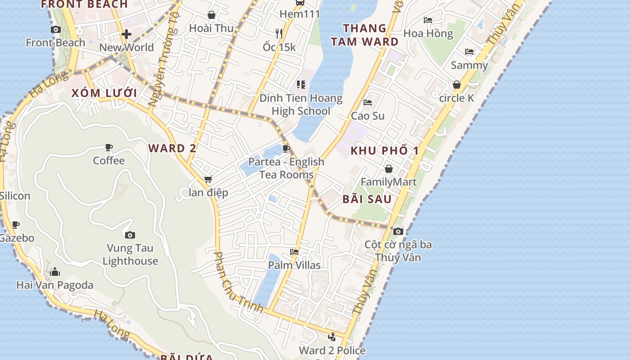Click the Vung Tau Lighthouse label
[x=130, y=254]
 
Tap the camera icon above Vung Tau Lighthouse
[x=130, y=235]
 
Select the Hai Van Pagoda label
[x=55, y=285]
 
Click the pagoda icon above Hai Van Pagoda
[x=55, y=272]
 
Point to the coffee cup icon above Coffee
[x=108, y=147]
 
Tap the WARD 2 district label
[x=173, y=148]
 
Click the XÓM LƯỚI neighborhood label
[x=104, y=93]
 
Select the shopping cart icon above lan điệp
[x=208, y=180]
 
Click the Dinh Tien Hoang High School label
[x=301, y=104]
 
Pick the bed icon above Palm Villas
[x=294, y=252]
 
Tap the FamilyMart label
[x=389, y=182]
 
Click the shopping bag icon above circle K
[x=457, y=85]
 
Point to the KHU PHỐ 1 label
[x=385, y=150]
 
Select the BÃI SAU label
[x=367, y=199]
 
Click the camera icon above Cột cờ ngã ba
[x=398, y=231]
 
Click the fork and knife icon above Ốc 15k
[x=279, y=33]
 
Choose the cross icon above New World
[x=126, y=34]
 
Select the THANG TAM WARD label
[x=365, y=35]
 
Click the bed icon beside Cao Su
[x=368, y=102]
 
